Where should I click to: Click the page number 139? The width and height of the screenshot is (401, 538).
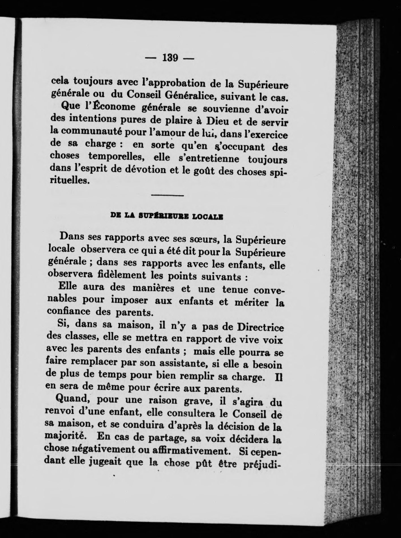tap(170, 58)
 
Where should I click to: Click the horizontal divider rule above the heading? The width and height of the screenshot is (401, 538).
tap(168, 195)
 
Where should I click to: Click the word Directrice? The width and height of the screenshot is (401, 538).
tap(260, 328)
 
